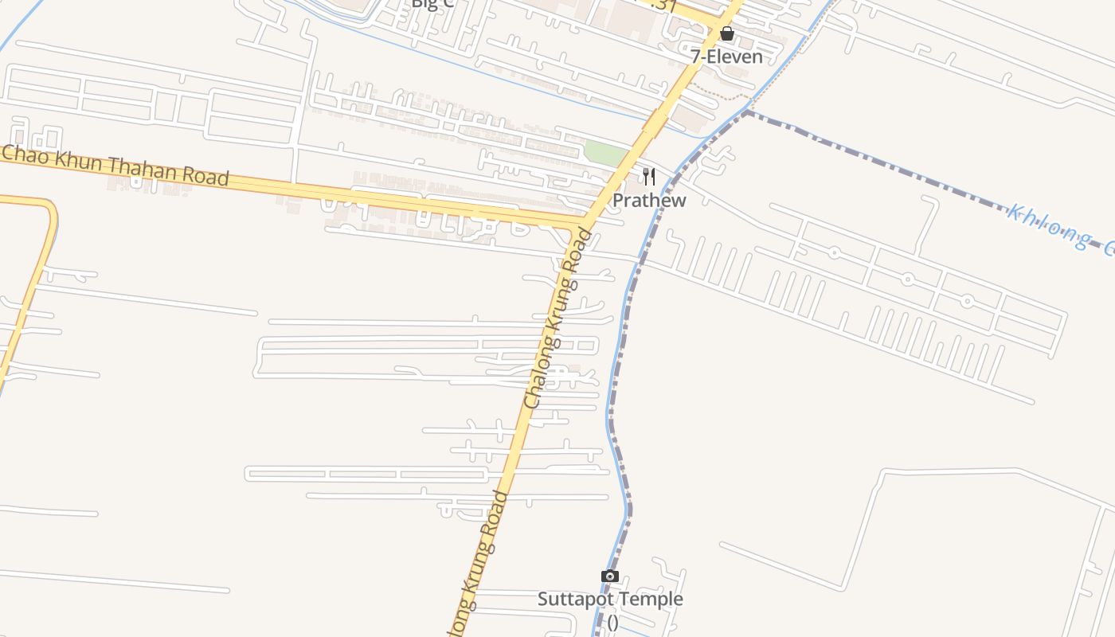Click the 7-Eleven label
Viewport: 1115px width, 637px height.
coord(726,57)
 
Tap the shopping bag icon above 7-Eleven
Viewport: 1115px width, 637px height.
coord(726,33)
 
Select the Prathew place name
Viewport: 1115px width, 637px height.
coord(649,200)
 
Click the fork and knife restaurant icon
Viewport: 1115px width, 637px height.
coord(649,176)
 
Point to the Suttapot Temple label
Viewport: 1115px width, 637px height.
coord(610,599)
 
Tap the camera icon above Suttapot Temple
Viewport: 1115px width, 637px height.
coord(610,576)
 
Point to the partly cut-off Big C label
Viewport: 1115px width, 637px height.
coord(433,4)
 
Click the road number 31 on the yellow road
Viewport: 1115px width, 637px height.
coord(663,5)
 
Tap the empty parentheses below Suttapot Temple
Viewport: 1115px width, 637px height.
coord(612,622)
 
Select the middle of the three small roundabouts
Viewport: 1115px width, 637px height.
coord(907,279)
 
